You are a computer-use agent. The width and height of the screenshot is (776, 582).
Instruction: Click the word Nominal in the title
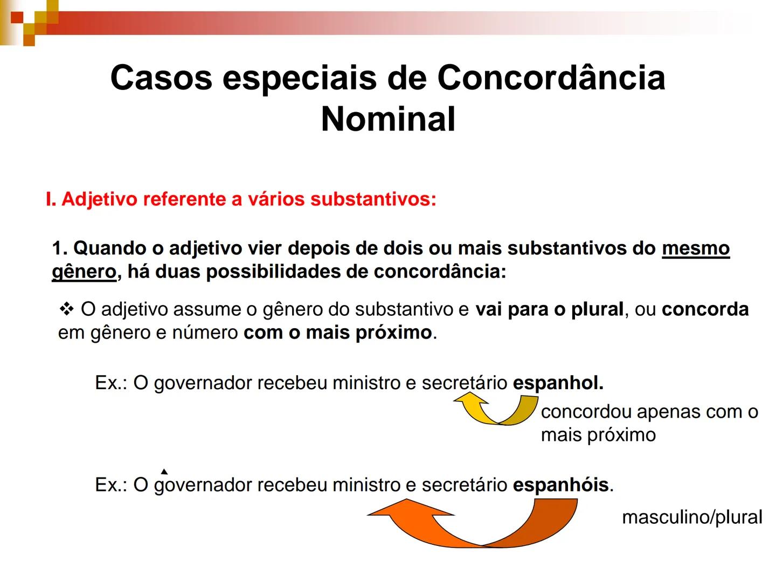tap(388, 119)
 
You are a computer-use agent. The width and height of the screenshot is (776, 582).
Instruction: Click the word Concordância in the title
tap(551, 77)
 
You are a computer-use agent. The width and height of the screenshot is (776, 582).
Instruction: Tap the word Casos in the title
tap(161, 77)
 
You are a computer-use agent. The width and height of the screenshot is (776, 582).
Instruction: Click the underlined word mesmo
tap(695, 248)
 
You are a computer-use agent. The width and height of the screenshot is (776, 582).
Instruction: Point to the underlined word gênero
tap(84, 272)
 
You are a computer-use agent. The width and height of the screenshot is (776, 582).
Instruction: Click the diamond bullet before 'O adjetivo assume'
tap(66, 309)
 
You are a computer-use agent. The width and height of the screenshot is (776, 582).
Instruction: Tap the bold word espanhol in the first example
tap(558, 383)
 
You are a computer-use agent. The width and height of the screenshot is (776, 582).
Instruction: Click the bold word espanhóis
tap(560, 485)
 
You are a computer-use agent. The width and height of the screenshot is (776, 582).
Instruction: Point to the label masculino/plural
tap(692, 517)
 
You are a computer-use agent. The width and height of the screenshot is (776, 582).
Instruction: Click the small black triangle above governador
tap(164, 472)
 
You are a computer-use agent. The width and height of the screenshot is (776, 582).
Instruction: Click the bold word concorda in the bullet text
tap(705, 309)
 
